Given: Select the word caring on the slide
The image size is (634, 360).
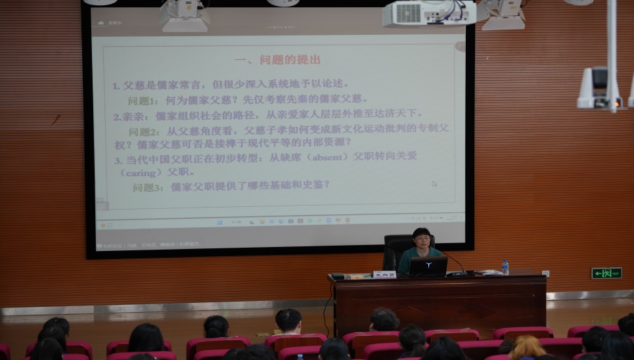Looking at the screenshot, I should click(141, 172).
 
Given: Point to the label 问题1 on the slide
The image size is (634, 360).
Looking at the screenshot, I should click(143, 101).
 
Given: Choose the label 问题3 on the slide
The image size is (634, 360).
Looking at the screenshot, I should click(148, 187).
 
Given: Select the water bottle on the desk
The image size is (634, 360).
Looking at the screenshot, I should click(505, 267).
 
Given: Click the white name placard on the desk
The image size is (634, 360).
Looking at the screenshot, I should click(384, 274).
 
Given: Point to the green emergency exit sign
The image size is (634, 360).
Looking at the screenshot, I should click(606, 273).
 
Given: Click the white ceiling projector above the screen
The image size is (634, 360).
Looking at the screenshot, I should click(428, 12).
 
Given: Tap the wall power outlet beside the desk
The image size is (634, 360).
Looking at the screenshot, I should click(545, 273).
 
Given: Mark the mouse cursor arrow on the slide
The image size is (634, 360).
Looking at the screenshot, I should click(434, 184).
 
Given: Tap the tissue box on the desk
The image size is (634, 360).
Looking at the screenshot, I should click(489, 271).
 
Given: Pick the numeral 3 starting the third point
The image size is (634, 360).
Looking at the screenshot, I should click(118, 160).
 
